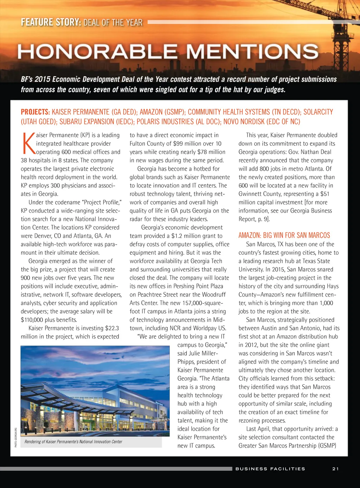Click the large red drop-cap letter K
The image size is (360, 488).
28,143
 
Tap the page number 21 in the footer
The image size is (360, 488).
335,469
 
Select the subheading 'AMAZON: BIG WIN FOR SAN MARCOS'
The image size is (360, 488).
284,235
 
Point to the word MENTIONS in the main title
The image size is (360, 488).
252,52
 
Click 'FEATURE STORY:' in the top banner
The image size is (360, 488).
51,23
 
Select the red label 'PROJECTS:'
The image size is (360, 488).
35,112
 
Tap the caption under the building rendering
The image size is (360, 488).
73,442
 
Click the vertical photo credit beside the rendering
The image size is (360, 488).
16,437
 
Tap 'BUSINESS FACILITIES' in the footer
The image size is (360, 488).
270,469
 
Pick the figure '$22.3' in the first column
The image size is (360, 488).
112,328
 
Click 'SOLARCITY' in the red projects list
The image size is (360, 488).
318,112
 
